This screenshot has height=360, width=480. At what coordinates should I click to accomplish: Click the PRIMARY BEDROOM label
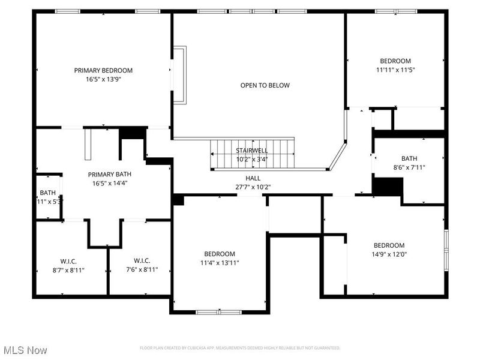point(103,70)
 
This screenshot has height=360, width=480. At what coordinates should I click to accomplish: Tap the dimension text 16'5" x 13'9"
point(103,79)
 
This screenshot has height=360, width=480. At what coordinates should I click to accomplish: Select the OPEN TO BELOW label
point(265,85)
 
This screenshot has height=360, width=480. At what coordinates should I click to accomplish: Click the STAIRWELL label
point(251,151)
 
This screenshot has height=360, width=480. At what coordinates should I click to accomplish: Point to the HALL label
point(253,178)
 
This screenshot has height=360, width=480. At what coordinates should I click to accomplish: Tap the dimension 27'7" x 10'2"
point(253,187)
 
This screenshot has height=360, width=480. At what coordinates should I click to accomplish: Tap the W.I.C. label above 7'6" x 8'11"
point(142,261)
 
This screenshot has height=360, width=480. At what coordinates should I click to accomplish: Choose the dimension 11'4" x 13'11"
point(219,262)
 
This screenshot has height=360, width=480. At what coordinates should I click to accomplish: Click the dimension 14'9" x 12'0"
point(389,254)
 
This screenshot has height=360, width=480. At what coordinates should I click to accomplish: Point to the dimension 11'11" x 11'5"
point(395,70)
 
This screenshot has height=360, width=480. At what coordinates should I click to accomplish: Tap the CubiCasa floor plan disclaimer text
point(240,348)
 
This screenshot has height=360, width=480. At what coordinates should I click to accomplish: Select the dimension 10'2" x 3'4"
point(251,159)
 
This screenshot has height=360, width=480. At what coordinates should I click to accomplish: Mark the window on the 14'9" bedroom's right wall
point(446,249)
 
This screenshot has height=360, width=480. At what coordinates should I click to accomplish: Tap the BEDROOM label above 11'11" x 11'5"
point(395,61)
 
